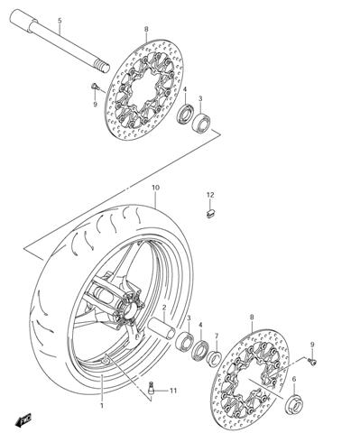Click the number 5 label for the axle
point(60,21)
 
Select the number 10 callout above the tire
point(155,188)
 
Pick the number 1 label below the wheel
point(102,406)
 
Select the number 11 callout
point(173,391)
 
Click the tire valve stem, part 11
point(152,390)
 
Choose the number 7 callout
point(216,335)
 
